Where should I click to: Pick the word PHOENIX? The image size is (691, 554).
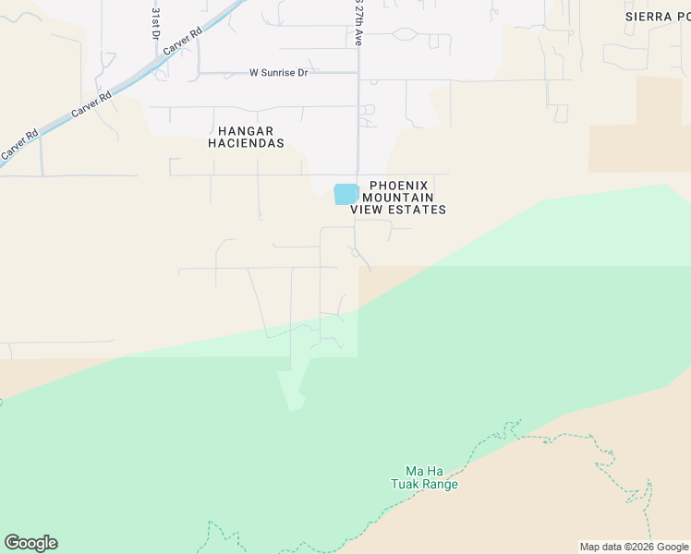[x=399, y=185]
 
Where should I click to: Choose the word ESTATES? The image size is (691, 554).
[x=418, y=210]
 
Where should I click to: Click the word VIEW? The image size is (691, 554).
[x=368, y=210]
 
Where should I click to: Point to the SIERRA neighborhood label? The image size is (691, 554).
[x=650, y=17]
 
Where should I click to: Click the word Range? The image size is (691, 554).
[x=441, y=484]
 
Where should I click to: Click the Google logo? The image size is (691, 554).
[x=30, y=543]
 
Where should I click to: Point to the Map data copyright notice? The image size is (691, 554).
[x=634, y=547]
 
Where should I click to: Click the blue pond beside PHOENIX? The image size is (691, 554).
[x=345, y=194]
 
